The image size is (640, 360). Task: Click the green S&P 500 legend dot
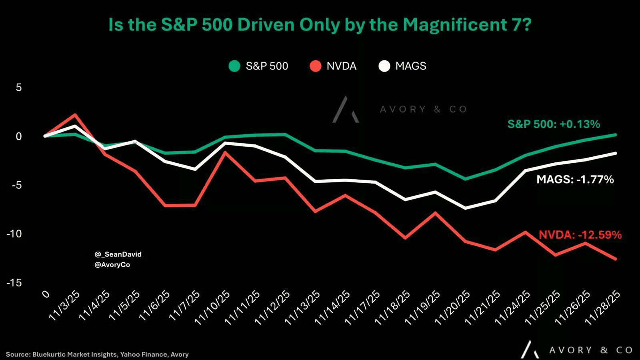tap(234, 66)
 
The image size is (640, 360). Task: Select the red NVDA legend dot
tap(316, 66)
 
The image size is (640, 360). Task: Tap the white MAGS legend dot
tap(384, 66)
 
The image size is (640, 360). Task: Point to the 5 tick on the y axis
tap(19, 88)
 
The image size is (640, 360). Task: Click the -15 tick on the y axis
tap(14, 283)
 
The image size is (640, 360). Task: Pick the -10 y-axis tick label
tap(14, 234)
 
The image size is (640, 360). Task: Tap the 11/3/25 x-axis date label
tap(64, 306)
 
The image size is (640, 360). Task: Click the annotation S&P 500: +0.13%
tap(554, 124)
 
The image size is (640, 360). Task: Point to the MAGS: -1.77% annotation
tap(575, 180)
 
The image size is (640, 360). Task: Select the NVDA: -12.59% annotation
tap(580, 235)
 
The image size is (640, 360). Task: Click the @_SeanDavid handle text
tap(118, 254)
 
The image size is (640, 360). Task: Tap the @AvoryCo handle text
tap(112, 265)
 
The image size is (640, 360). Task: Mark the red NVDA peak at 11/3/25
tap(75, 115)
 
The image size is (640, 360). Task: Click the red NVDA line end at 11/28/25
tap(616, 259)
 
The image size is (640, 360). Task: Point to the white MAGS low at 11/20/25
tap(466, 208)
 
